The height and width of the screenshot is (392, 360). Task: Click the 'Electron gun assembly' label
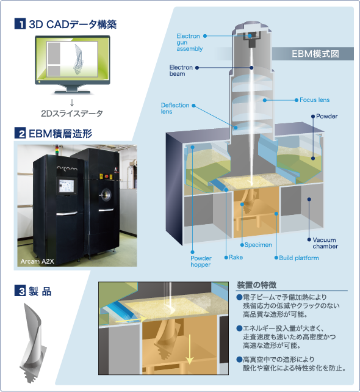(189, 43)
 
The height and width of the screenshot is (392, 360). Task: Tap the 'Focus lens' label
(314, 100)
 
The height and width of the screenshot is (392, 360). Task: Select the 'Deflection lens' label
(175, 108)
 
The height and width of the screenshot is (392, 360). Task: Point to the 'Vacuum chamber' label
(325, 243)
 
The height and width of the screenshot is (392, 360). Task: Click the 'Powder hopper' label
(201, 261)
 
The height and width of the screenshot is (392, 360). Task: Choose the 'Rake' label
(236, 257)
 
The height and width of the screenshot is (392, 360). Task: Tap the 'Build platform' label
(299, 258)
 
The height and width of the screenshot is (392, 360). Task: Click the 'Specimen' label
(258, 245)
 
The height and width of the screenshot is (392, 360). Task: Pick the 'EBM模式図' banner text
(315, 54)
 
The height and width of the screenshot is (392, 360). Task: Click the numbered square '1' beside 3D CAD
(20, 24)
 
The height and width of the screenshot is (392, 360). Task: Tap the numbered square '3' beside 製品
(20, 291)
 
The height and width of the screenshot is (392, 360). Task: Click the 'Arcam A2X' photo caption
(37, 261)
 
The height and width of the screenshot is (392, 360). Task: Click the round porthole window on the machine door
(107, 194)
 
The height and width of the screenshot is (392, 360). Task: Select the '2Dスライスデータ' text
(72, 114)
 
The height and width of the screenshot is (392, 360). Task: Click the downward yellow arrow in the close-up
(190, 349)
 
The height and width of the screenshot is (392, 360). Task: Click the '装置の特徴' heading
(256, 285)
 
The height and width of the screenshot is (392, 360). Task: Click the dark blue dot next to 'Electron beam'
(197, 68)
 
